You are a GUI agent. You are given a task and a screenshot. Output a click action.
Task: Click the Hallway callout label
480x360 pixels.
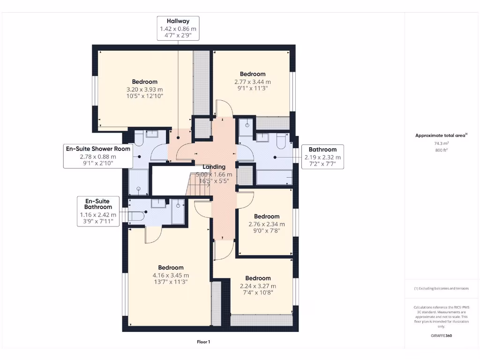pos(178,28)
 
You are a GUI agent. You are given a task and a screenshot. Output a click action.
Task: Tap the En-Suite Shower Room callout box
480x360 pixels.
pos(98,156)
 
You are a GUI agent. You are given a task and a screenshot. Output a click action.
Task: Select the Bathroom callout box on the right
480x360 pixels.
pos(322,157)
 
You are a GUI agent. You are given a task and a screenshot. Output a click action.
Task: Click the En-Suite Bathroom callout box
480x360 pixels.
pos(98,211)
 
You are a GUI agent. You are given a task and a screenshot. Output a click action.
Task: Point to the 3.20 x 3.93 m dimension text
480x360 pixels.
pos(144,89)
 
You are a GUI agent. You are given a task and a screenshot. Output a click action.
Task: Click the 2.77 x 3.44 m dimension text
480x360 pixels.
pos(253,81)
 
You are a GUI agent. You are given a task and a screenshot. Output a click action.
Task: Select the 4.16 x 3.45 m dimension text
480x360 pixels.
pos(171,276)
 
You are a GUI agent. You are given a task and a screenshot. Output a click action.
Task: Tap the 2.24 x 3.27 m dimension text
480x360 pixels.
pos(258,286)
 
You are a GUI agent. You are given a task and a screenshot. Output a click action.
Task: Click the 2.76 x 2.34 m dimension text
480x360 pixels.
pos(266,224)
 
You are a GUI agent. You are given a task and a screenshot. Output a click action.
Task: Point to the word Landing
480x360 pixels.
pos(214,167)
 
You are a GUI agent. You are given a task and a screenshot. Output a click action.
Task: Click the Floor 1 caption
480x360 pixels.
pos(203,342)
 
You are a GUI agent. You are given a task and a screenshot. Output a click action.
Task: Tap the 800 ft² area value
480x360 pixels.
pos(441,150)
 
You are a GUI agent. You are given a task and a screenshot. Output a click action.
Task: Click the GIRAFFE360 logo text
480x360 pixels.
pos(441,336)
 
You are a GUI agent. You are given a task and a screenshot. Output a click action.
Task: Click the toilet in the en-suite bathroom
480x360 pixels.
pos(135,217)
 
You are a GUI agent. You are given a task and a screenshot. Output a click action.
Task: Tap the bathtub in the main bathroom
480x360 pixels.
pos(274,178)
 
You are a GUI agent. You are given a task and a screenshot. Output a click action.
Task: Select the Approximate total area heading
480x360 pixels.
pos(440,135)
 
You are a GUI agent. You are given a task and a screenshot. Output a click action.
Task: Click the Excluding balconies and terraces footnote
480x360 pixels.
pos(441,289)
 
